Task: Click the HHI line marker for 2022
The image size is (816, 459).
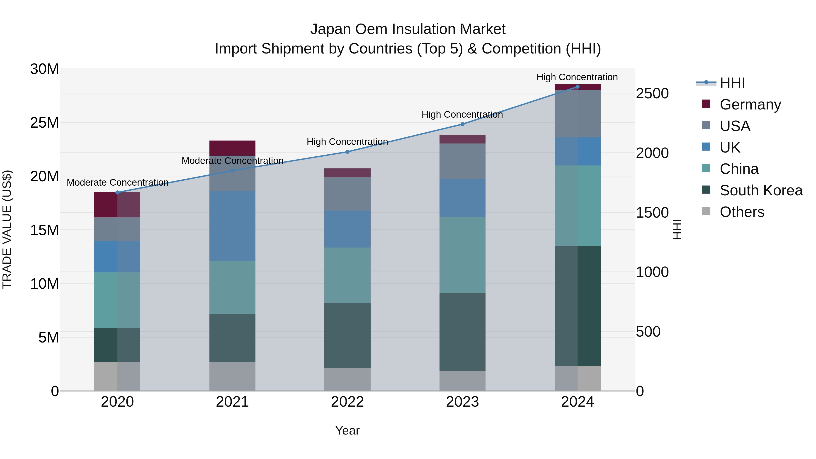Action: click(x=347, y=152)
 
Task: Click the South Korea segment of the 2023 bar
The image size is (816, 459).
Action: click(x=462, y=331)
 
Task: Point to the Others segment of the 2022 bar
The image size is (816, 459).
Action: click(x=347, y=379)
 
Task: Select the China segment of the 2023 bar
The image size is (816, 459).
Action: click(x=462, y=255)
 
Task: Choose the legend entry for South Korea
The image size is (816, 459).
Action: click(x=761, y=190)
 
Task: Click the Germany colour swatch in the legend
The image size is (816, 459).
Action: click(x=706, y=104)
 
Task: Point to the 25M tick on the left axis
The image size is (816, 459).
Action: click(x=44, y=123)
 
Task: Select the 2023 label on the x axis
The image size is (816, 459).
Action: click(x=462, y=402)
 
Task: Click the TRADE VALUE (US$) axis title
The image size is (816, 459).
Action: click(x=7, y=229)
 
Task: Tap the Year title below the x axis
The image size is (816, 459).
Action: click(x=347, y=430)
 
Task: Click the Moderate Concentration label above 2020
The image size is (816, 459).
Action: click(x=117, y=182)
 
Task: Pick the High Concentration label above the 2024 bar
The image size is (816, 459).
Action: click(x=577, y=77)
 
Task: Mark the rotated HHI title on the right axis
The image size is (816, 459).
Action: click(x=677, y=229)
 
